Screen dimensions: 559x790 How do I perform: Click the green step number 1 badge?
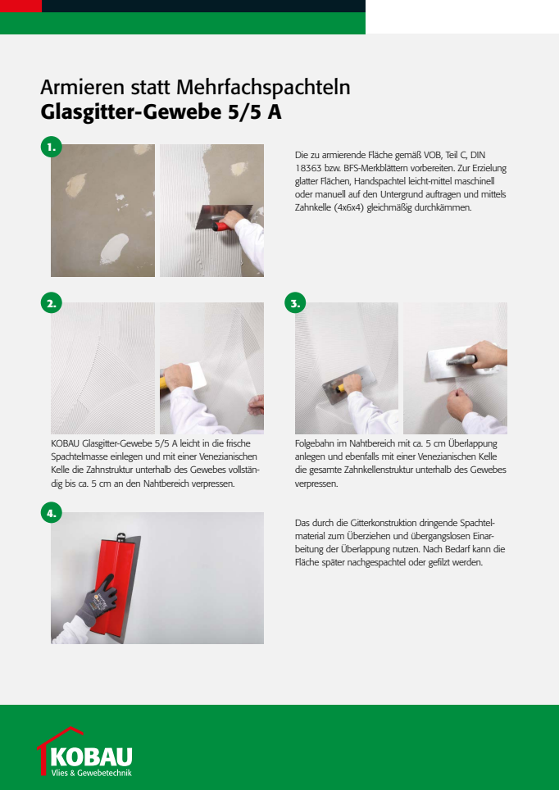51,148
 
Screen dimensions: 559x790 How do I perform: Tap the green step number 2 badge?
51,303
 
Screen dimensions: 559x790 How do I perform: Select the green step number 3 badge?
295,303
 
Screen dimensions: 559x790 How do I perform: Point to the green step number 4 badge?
51,513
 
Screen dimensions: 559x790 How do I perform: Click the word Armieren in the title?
81,89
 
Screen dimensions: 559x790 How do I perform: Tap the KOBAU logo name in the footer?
92,756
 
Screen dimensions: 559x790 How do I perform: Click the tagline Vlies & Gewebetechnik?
92,773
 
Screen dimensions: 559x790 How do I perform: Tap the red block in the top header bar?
20,6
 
